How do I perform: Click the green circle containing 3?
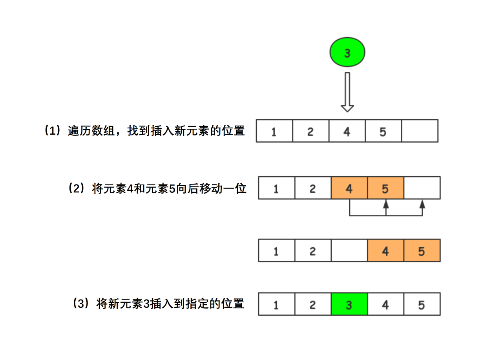347,52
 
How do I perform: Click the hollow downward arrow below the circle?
347,92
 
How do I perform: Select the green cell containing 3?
349,304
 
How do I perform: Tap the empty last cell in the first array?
420,131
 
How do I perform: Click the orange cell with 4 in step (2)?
349,188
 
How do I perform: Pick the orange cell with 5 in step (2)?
385,188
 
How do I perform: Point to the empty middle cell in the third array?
349,250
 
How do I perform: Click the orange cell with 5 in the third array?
422,250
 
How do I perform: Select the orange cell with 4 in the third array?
385,250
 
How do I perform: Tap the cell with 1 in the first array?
274,131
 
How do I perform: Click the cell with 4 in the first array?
347,131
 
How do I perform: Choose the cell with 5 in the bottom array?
422,304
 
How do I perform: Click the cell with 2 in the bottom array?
313,304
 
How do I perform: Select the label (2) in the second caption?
77,188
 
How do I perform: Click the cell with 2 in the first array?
310,131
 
